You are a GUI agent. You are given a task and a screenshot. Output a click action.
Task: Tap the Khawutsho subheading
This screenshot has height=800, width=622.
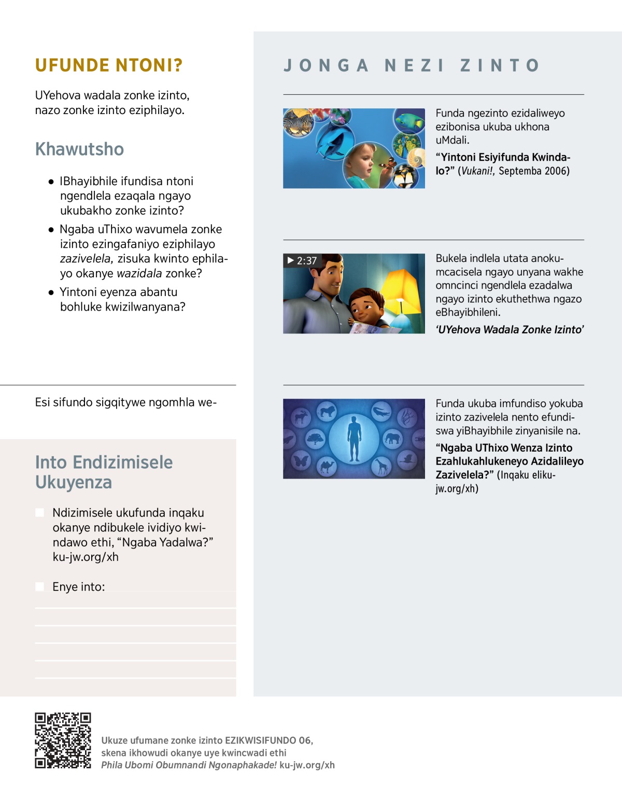tap(79, 149)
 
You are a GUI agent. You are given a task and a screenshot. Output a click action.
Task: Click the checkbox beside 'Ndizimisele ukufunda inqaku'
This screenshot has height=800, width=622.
tap(39, 513)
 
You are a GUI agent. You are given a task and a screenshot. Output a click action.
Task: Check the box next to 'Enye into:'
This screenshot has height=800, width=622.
tap(39, 587)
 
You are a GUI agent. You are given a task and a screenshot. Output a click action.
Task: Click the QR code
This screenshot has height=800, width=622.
tap(63, 740)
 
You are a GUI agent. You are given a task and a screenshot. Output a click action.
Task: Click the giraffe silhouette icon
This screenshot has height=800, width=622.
tap(381, 467)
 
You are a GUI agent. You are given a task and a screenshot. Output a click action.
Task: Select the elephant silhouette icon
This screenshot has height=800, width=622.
tap(392, 439)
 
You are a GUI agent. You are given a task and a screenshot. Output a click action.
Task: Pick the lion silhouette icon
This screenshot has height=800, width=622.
tap(327, 412)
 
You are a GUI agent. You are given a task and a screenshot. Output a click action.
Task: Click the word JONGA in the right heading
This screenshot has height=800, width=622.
tap(327, 66)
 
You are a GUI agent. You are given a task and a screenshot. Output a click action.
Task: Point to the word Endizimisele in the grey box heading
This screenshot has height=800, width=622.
tap(122, 462)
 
